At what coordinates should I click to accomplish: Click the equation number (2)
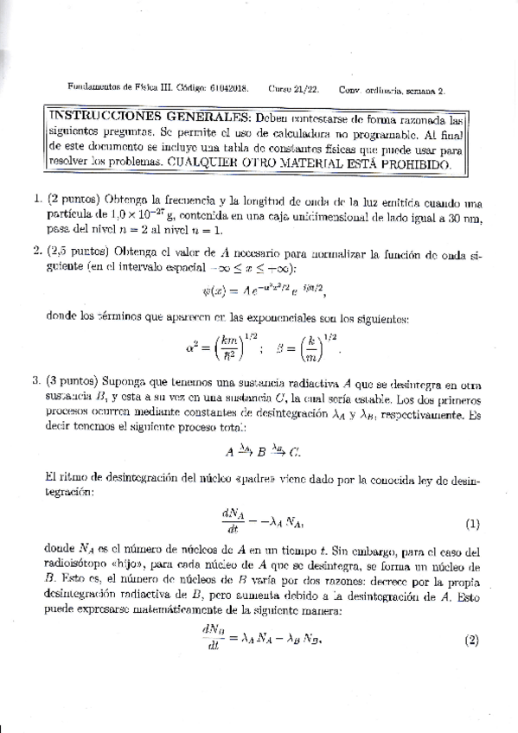(471, 641)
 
